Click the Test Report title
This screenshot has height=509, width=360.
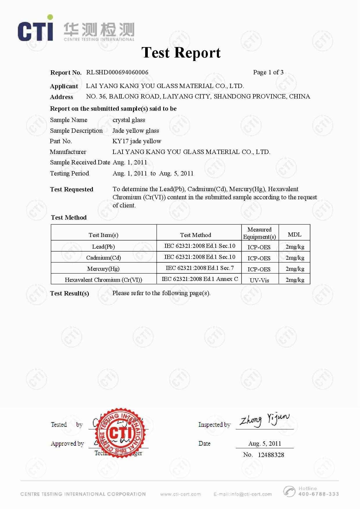click(181, 53)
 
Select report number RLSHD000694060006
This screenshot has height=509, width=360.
click(117, 72)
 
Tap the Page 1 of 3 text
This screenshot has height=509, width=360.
click(268, 72)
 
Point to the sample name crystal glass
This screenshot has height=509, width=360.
click(129, 120)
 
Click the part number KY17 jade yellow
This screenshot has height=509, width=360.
click(137, 141)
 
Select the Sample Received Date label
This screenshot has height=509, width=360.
click(80, 162)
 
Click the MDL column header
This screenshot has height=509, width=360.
click(294, 234)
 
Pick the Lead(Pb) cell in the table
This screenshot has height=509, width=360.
click(103, 247)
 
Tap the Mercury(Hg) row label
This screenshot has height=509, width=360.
click(103, 269)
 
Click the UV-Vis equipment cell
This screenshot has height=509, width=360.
click(260, 280)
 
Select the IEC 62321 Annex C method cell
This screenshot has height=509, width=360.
click(200, 279)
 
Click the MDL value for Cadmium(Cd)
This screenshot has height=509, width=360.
click(295, 258)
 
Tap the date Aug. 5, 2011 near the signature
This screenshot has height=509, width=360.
click(265, 443)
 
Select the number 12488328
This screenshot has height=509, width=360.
click(271, 455)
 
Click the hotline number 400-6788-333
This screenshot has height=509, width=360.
click(318, 494)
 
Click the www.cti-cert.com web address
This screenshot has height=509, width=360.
click(180, 494)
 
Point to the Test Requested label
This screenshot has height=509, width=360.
click(72, 189)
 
